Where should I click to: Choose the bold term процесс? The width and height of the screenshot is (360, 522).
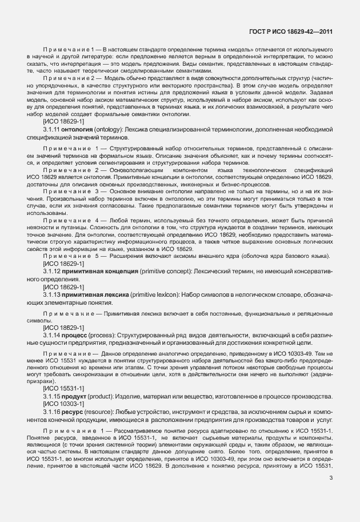click(77, 333)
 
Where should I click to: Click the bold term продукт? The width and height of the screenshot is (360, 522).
click(78, 396)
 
